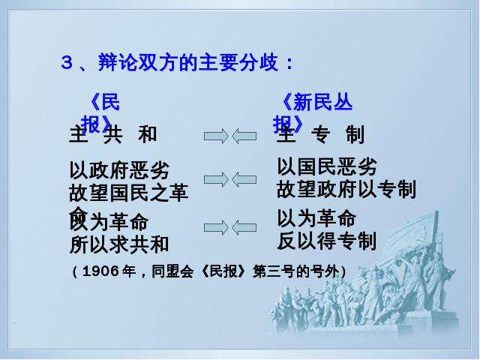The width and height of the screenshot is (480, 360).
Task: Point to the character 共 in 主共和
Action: tap(112, 135)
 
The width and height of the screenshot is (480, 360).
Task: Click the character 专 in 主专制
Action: tap(320, 135)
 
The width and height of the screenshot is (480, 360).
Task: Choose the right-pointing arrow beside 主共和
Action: tap(216, 136)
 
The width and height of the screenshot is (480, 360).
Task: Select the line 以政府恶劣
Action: tap(118, 170)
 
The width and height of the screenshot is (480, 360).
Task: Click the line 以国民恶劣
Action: tap(326, 166)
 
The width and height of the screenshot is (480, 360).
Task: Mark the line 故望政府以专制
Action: tap(346, 189)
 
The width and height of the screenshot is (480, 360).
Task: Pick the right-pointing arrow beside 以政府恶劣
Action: tap(216, 178)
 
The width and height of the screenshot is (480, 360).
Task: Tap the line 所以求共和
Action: tap(118, 244)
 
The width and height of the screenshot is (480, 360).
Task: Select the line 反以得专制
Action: tap(326, 240)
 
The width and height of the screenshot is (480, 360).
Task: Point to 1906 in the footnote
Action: tap(97, 271)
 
